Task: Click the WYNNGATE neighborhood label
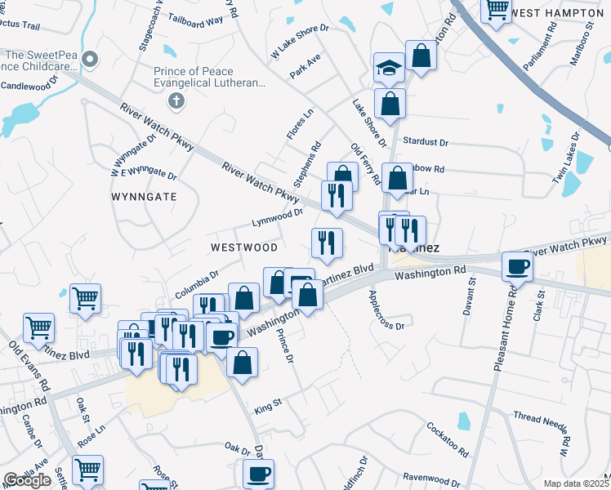pos(144,197)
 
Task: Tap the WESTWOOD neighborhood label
pos(243,247)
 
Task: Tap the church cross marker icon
pos(174,102)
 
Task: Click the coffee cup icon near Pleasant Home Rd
pos(517,266)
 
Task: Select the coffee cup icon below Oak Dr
pos(258,474)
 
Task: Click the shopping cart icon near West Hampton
pos(496,11)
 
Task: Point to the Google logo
pos(27,480)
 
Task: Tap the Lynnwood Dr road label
pos(277,217)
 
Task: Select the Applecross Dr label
pos(386,310)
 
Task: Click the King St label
pos(267,405)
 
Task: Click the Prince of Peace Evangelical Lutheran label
pos(210,77)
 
